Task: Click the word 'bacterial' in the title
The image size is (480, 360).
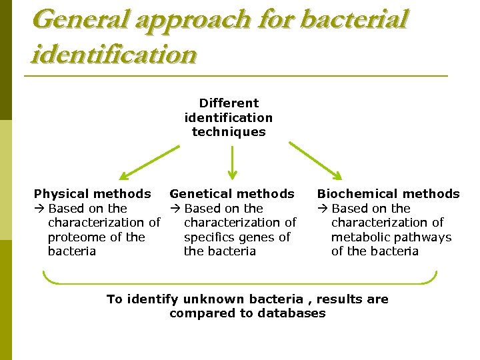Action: [x=353, y=19]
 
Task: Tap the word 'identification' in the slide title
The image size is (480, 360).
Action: [x=114, y=54]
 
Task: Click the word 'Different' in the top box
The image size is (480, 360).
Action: [x=229, y=103]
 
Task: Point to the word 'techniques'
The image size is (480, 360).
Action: [x=229, y=132]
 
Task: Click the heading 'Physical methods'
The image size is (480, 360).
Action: [x=93, y=194]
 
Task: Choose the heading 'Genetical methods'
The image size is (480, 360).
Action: [x=232, y=194]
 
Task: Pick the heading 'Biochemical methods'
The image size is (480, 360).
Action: [x=388, y=194]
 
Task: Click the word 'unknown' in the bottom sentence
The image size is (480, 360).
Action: [x=212, y=299]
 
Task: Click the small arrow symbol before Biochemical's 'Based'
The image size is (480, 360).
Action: [x=323, y=209]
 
